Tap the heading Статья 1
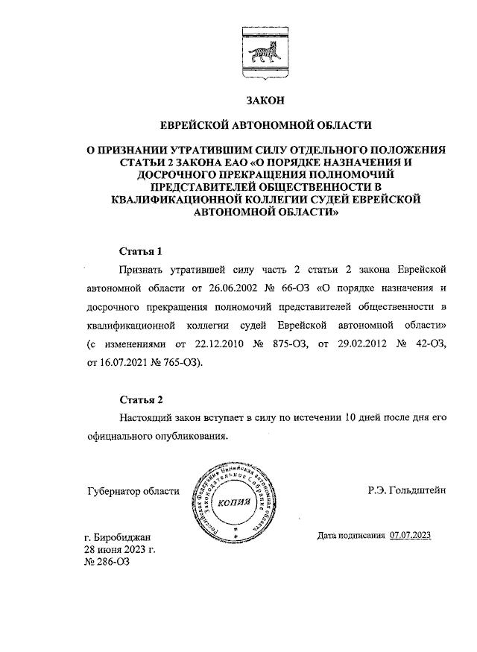[140, 250]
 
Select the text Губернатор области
[134, 490]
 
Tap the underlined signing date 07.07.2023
[410, 535]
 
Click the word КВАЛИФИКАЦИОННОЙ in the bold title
[174, 199]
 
